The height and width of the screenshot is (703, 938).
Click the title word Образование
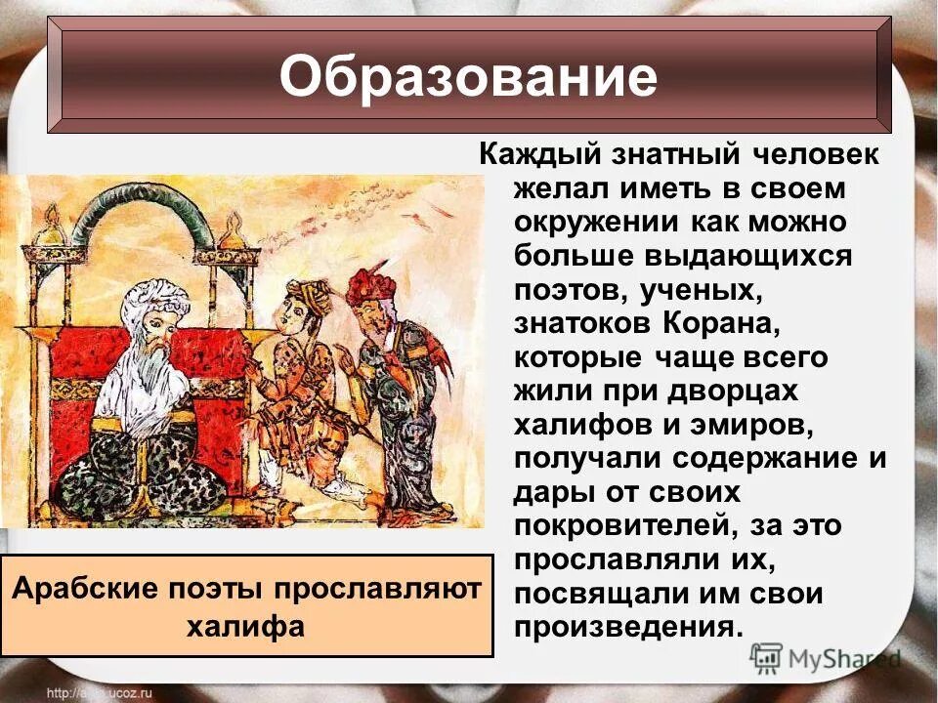click(468, 78)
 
